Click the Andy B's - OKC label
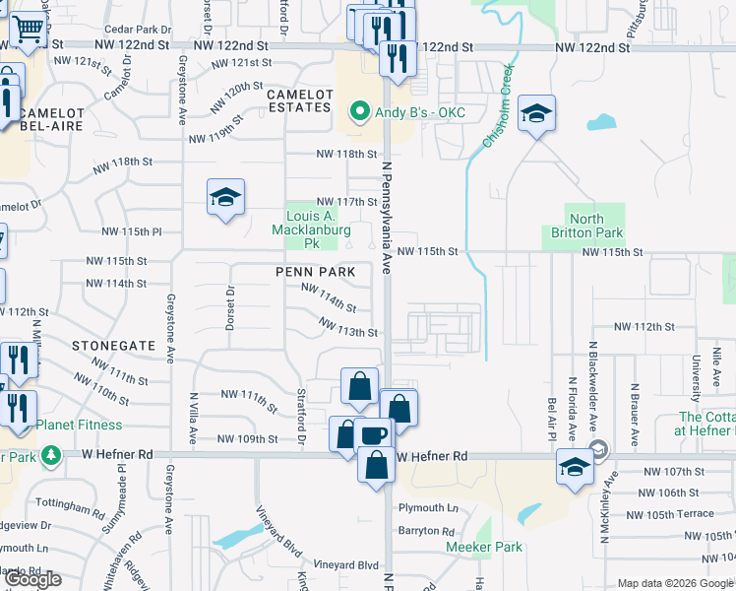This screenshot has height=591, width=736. coord(420,111)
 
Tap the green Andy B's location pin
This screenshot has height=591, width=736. coord(361,111)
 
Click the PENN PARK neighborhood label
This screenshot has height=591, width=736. coord(315,271)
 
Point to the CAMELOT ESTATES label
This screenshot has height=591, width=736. coord(298,99)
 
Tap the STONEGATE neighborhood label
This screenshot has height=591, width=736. coord(114,346)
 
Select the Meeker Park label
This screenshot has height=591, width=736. coord(483,547)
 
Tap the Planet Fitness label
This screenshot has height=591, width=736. coord(80,425)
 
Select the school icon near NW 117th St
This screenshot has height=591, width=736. coord(225,197)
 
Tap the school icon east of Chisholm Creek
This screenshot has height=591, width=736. coord(536,114)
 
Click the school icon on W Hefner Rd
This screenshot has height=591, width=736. coord(575,467)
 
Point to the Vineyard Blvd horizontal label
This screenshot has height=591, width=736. coord(345,565)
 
